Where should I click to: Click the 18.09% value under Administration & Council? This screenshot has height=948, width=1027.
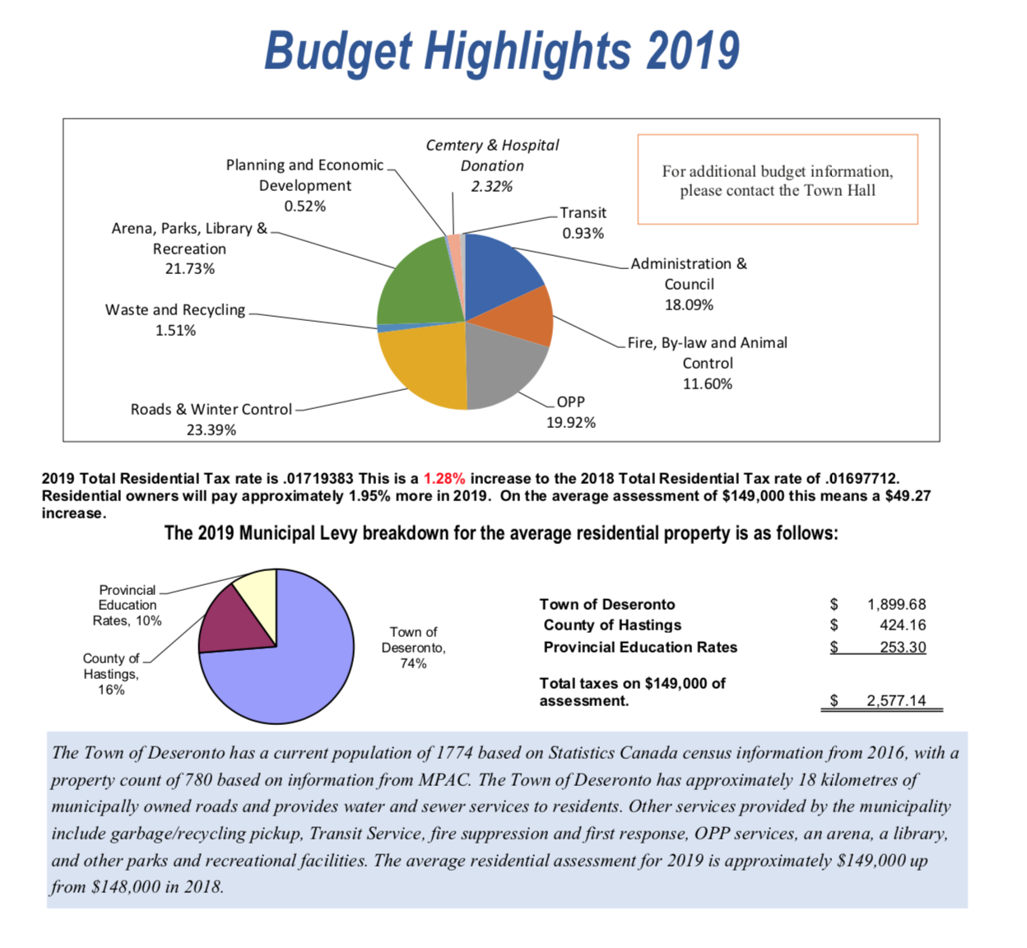689,304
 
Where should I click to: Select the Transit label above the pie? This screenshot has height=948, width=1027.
583,212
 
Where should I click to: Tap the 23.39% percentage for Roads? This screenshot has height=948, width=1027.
211,430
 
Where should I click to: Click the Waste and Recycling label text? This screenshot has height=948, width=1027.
175,309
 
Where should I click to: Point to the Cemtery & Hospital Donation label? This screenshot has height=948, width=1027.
492,155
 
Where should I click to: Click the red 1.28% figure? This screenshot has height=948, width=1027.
444,478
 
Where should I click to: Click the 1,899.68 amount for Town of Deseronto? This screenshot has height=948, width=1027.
896,604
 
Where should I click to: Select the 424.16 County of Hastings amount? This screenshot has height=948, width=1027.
903,625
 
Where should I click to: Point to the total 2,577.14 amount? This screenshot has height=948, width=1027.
895,700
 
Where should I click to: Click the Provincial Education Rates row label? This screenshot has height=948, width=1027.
640,647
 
